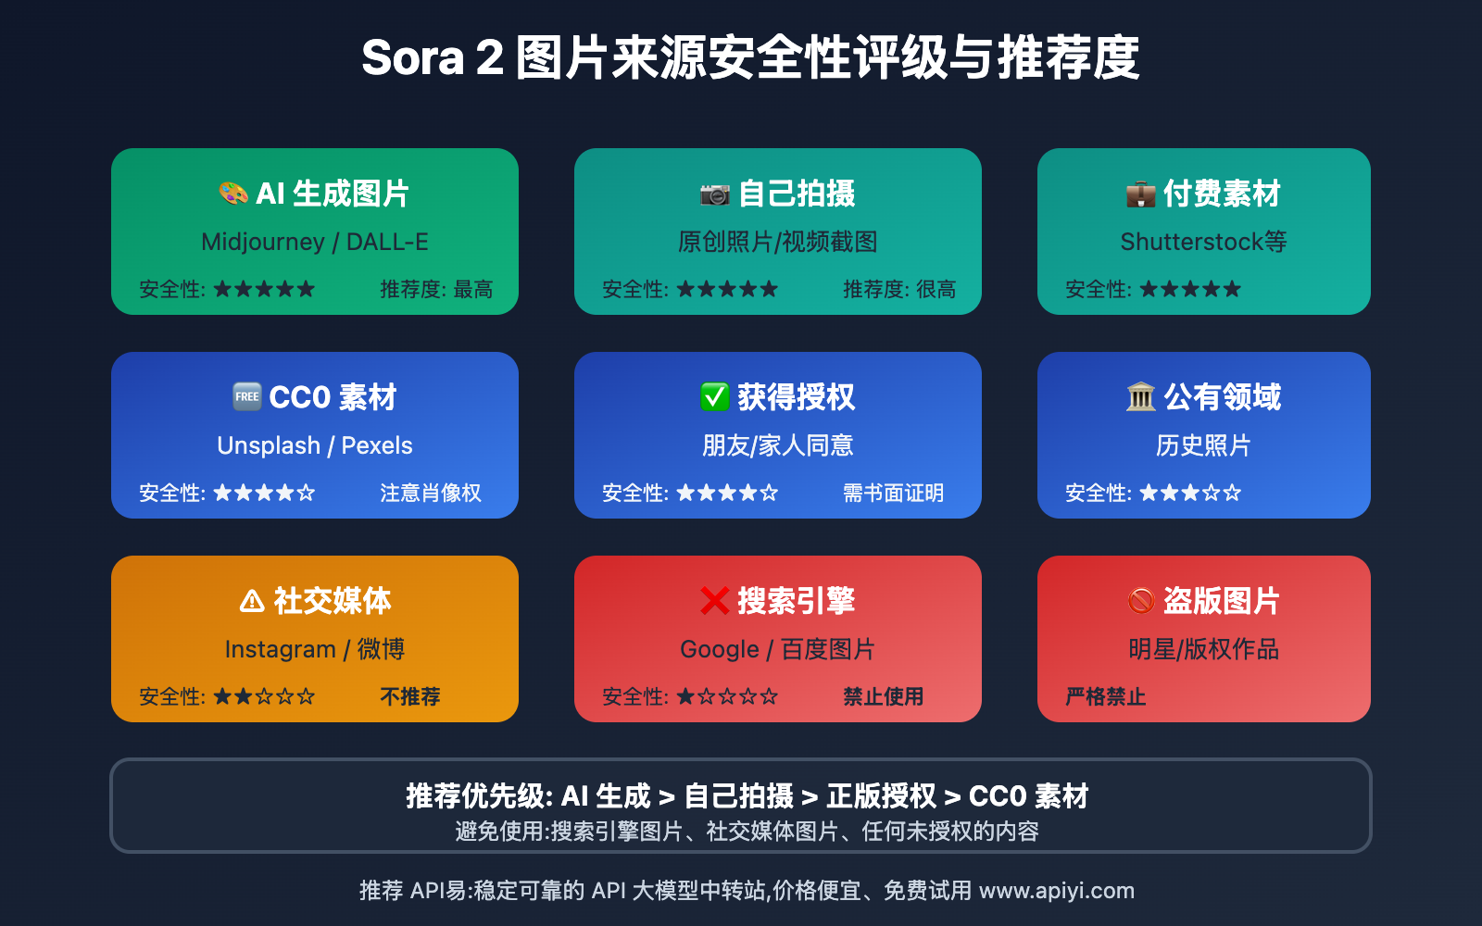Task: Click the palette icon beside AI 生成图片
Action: [233, 194]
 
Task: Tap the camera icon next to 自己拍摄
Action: [715, 194]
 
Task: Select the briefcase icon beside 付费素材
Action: [1140, 194]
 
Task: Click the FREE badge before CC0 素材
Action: [246, 397]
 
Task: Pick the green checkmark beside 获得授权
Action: [715, 397]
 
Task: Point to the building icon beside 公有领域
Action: [1140, 397]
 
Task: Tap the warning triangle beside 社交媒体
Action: [251, 601]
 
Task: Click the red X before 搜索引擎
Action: [715, 601]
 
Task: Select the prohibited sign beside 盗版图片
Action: [1140, 601]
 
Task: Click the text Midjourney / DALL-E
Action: [315, 242]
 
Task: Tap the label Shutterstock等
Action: [1203, 242]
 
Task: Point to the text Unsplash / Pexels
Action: [315, 445]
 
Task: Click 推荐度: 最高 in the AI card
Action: [436, 289]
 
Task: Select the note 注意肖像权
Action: [431, 493]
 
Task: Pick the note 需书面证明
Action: [893, 493]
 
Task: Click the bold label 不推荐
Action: [410, 696]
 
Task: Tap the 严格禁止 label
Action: [1106, 696]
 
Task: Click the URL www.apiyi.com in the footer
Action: [1057, 891]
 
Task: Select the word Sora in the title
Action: [413, 58]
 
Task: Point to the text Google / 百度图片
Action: [777, 649]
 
